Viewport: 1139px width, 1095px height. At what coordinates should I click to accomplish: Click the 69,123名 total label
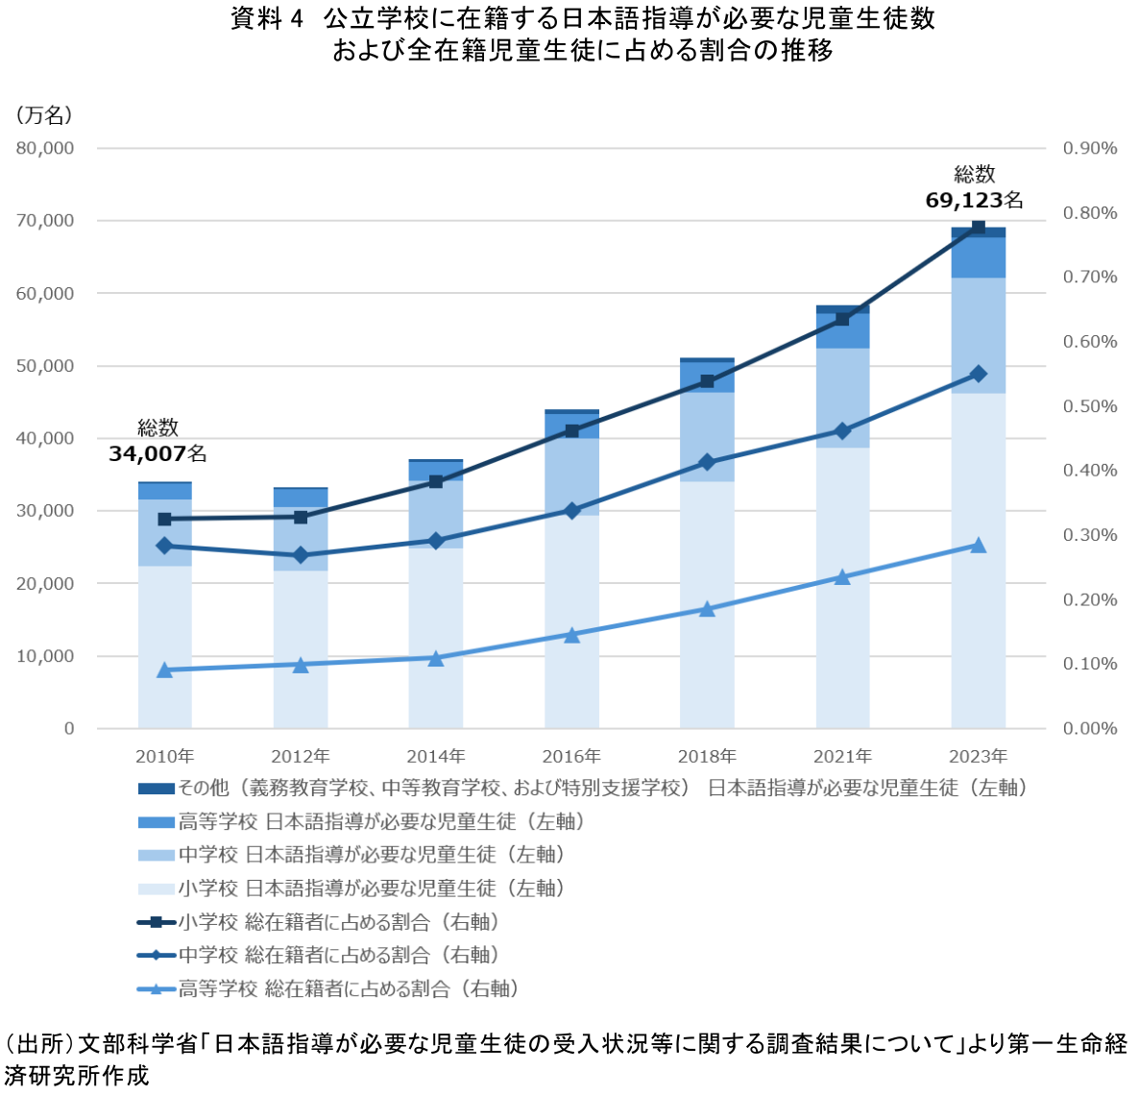click(974, 200)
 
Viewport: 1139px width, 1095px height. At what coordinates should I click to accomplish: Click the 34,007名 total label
click(158, 452)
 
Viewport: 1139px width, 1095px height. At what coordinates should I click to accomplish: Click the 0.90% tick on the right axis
click(1090, 148)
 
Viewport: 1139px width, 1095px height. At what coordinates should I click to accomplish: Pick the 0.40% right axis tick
click(1090, 471)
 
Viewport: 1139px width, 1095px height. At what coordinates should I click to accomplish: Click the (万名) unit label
click(43, 115)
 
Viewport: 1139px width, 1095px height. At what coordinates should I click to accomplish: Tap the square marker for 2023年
click(979, 228)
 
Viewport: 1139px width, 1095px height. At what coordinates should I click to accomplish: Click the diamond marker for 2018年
click(707, 462)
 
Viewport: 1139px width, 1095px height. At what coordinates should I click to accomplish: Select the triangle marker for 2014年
click(436, 658)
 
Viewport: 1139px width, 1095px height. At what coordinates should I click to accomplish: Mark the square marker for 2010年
click(164, 519)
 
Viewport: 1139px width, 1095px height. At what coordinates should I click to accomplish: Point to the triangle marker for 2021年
click(842, 577)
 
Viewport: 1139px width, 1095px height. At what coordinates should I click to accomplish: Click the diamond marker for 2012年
click(300, 555)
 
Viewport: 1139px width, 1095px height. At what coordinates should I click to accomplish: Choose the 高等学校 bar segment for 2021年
click(842, 330)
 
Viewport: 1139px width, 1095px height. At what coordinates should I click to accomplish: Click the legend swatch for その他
click(156, 789)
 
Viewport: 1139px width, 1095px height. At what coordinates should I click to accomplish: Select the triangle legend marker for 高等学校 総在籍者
click(156, 988)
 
